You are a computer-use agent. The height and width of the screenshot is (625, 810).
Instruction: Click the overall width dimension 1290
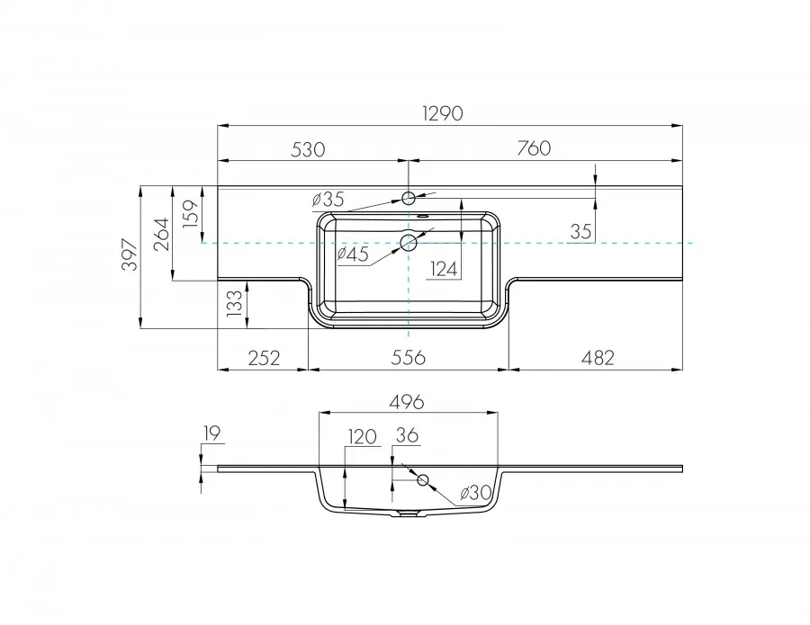point(442,113)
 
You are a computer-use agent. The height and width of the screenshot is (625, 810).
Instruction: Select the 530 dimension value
point(308,149)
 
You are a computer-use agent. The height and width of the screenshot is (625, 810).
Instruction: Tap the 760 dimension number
point(534,148)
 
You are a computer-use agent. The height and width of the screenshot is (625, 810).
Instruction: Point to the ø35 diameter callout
point(328,200)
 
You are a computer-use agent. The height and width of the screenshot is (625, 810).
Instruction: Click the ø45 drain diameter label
point(353,254)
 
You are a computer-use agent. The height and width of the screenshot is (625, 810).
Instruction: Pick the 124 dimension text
point(444,269)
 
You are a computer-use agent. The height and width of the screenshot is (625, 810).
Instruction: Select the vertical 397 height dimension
point(130,255)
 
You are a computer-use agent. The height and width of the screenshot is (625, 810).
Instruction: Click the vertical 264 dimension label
point(161,234)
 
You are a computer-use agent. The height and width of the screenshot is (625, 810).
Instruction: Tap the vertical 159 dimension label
point(191,213)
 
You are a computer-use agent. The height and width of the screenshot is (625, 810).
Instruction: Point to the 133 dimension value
point(234,303)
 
